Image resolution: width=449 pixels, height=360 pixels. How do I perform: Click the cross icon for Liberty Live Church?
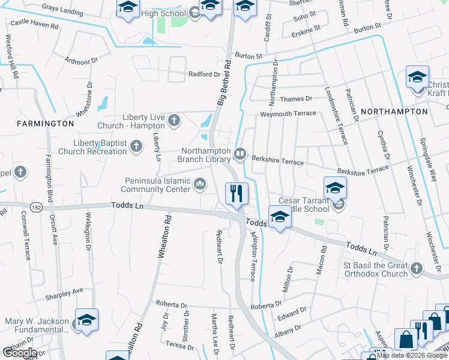click(174, 120)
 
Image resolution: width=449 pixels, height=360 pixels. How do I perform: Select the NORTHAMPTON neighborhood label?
click(394, 112)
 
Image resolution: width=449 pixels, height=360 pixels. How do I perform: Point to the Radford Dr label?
click(204, 74)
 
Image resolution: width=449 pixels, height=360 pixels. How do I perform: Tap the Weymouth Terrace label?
click(288, 113)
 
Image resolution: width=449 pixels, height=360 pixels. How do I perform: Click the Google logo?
click(20, 352)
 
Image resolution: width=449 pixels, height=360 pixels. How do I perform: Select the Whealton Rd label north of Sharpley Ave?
click(161, 238)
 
